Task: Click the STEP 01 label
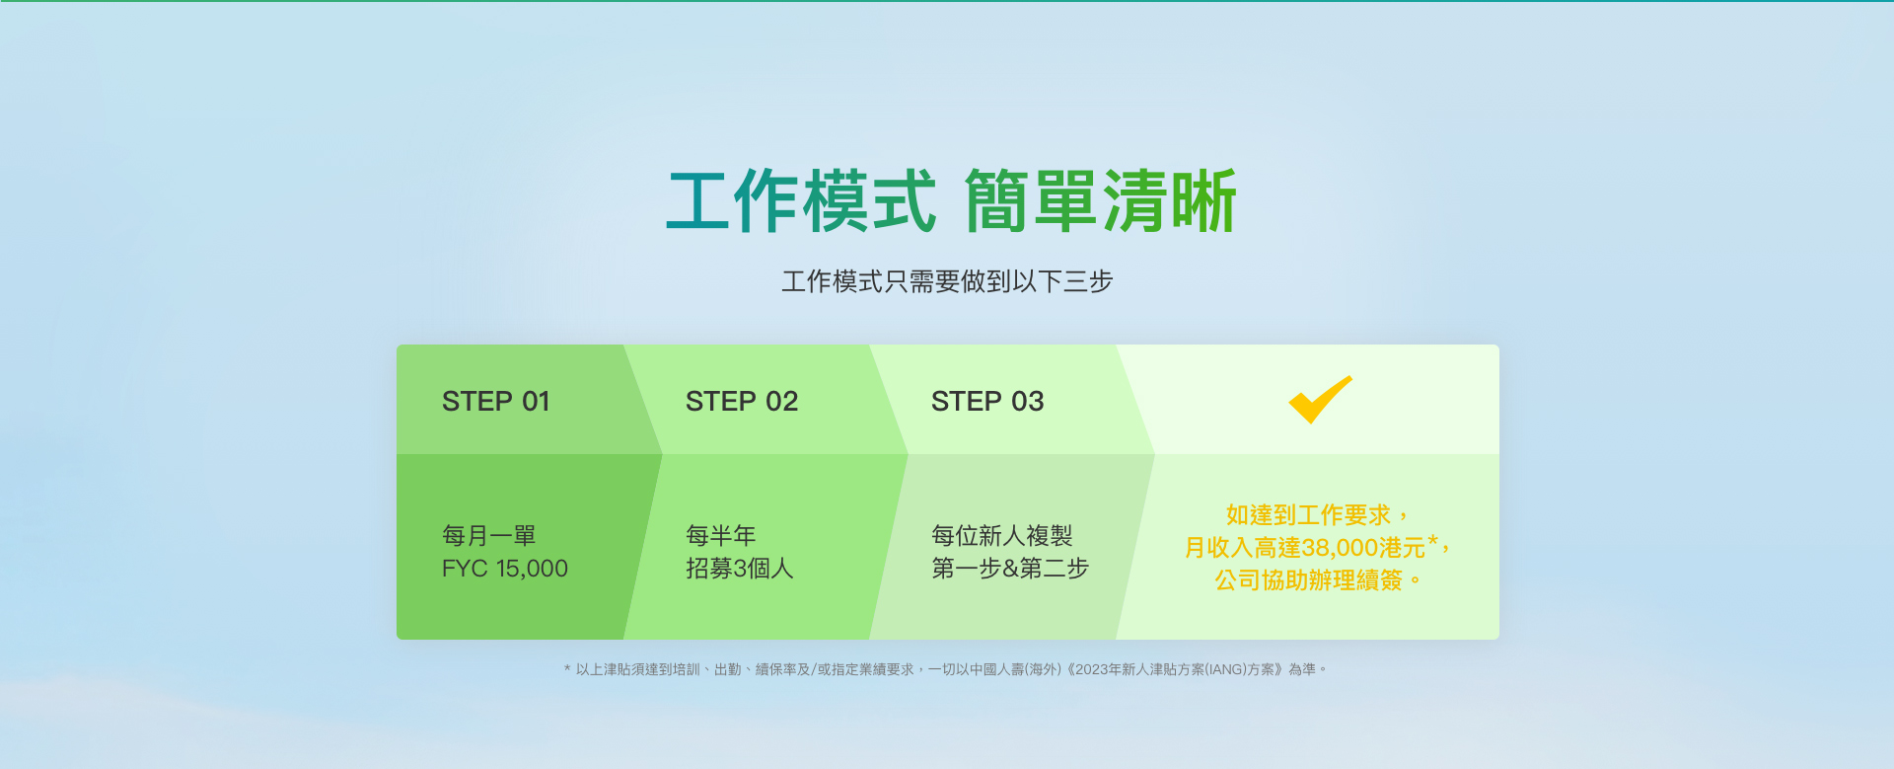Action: coord(495,402)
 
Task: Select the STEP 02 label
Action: coord(742,402)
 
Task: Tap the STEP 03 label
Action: coord(987,402)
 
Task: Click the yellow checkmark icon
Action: coord(1320,400)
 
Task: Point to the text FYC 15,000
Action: coord(505,569)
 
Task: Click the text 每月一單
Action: coord(489,536)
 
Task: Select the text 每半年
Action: coord(721,536)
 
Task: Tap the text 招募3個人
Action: coord(740,569)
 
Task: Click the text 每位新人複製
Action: coord(1002,536)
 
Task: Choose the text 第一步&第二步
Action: coord(1010,569)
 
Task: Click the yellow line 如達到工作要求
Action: coord(1308,515)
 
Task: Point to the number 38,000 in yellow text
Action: coord(1340,548)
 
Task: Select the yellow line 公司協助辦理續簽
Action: coord(1308,580)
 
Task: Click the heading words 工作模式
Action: coord(801,201)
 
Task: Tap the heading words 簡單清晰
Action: coord(1101,201)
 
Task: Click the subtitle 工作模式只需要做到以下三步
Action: coord(947,282)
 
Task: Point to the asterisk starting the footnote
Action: coord(567,668)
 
